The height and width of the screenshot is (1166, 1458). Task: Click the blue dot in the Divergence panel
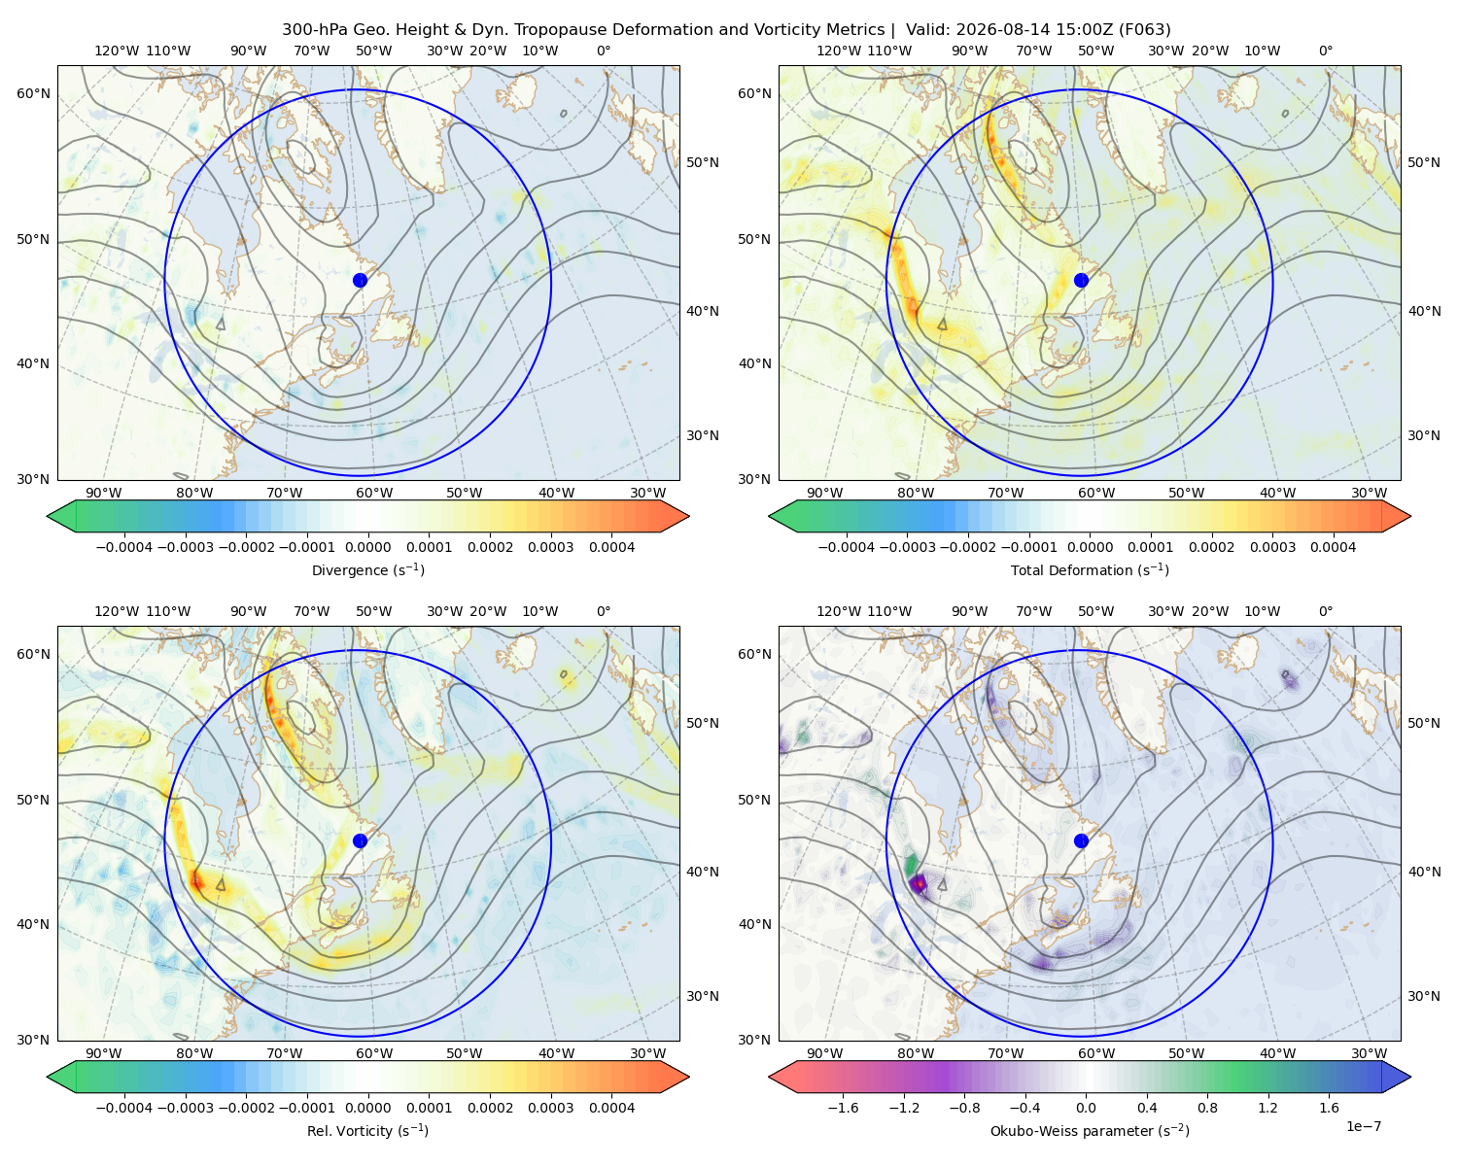[360, 280]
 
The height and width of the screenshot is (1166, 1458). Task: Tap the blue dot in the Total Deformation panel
[1081, 280]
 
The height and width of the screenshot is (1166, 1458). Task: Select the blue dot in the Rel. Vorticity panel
[360, 840]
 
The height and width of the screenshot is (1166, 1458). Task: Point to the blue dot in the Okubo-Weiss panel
[1081, 840]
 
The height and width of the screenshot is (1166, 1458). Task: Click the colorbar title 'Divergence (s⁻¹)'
[367, 569]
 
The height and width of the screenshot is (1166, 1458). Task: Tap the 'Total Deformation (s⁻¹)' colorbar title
[1090, 569]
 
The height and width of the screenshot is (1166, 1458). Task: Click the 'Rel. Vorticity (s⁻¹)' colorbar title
[367, 1131]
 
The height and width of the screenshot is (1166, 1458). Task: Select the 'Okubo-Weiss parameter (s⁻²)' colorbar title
[1090, 1131]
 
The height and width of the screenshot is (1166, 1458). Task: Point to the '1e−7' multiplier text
[1363, 1127]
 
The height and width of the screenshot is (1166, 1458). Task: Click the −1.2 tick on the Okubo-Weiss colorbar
[904, 1108]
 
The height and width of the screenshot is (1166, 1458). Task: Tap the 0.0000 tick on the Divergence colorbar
[367, 547]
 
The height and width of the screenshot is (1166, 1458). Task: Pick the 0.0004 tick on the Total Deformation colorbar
[1334, 547]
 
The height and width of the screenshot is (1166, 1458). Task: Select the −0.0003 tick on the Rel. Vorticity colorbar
[185, 1108]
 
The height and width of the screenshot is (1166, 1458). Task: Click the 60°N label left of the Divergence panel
[33, 93]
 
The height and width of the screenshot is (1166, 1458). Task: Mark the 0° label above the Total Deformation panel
[1325, 51]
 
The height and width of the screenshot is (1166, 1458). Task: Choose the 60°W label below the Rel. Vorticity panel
[374, 1053]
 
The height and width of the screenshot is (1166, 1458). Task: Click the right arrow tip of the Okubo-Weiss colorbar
[1410, 1077]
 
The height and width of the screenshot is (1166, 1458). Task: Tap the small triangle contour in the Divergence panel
[221, 324]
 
